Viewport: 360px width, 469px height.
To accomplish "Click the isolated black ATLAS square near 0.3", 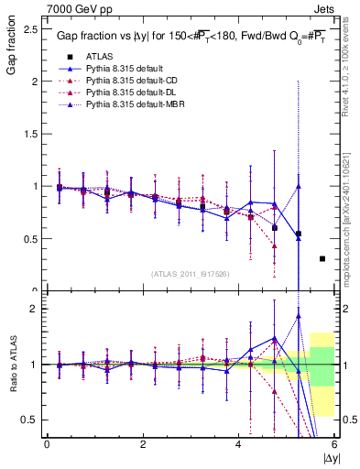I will [x=322, y=259].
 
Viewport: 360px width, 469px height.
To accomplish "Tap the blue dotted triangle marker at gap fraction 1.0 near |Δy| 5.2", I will [x=299, y=187].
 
